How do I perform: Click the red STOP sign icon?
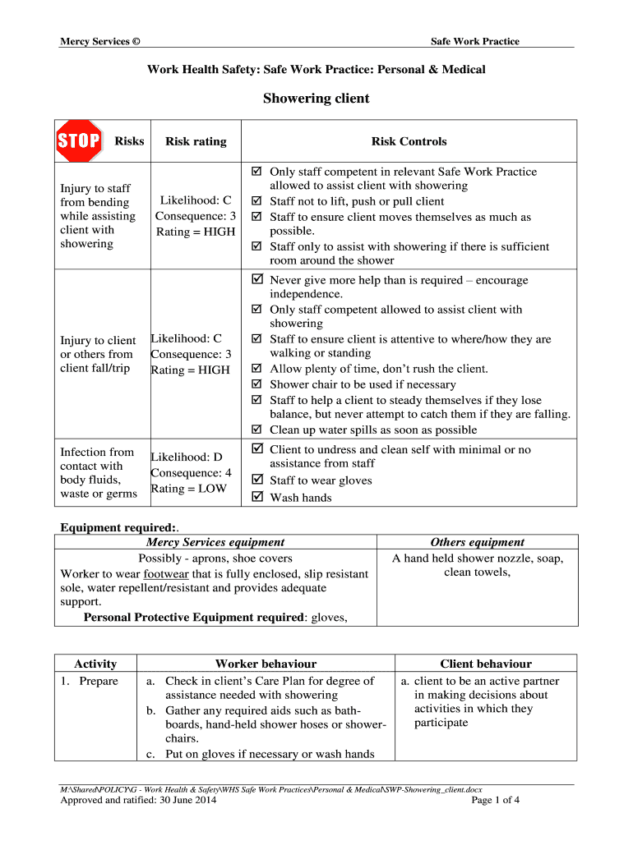point(78,141)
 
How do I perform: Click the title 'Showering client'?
point(316,99)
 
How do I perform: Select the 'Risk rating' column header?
point(196,141)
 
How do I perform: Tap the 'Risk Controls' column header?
point(409,141)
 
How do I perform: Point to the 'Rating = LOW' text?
point(188,489)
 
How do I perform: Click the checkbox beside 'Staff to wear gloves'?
point(256,480)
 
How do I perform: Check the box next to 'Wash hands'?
point(256,497)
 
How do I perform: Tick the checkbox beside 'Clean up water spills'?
point(256,430)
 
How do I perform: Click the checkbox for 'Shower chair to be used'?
point(256,384)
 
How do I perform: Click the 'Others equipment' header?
point(478,542)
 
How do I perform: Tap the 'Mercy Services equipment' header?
point(215,542)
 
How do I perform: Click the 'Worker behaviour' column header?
point(266,664)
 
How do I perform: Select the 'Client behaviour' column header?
point(486,664)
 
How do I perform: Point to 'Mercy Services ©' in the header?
point(99,42)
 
